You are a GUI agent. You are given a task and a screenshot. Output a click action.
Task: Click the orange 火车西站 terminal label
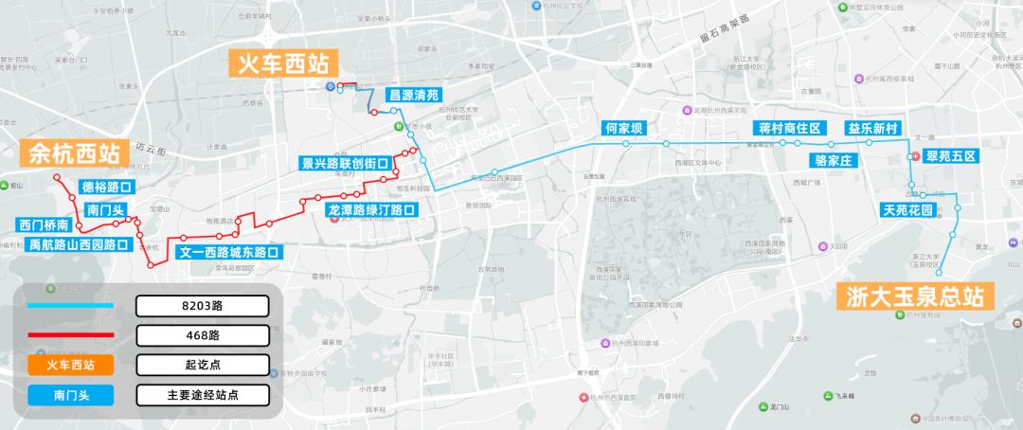click(x=283, y=64)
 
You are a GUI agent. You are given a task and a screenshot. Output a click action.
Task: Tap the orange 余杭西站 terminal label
click(x=74, y=153)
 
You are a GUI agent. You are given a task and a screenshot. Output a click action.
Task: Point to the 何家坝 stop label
click(x=623, y=128)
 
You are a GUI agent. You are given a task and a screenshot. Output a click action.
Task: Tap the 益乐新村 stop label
click(x=872, y=128)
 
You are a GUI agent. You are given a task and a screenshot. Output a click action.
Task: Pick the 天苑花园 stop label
click(x=907, y=208)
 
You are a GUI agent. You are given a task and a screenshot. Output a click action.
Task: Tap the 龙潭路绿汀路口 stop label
click(x=370, y=209)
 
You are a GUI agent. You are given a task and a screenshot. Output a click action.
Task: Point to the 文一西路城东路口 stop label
click(x=228, y=253)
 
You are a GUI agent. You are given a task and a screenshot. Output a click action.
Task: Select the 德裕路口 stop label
click(x=105, y=187)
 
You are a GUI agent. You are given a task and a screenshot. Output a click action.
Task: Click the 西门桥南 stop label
click(x=44, y=225)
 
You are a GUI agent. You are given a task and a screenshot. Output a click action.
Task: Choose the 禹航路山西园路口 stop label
click(x=78, y=244)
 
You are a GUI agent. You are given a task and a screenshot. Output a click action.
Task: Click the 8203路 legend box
click(x=203, y=306)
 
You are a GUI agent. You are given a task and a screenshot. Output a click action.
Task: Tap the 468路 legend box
click(x=203, y=335)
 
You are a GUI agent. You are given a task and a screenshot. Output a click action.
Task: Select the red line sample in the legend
click(x=71, y=335)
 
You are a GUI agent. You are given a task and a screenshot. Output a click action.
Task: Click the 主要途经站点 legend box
click(x=203, y=395)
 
